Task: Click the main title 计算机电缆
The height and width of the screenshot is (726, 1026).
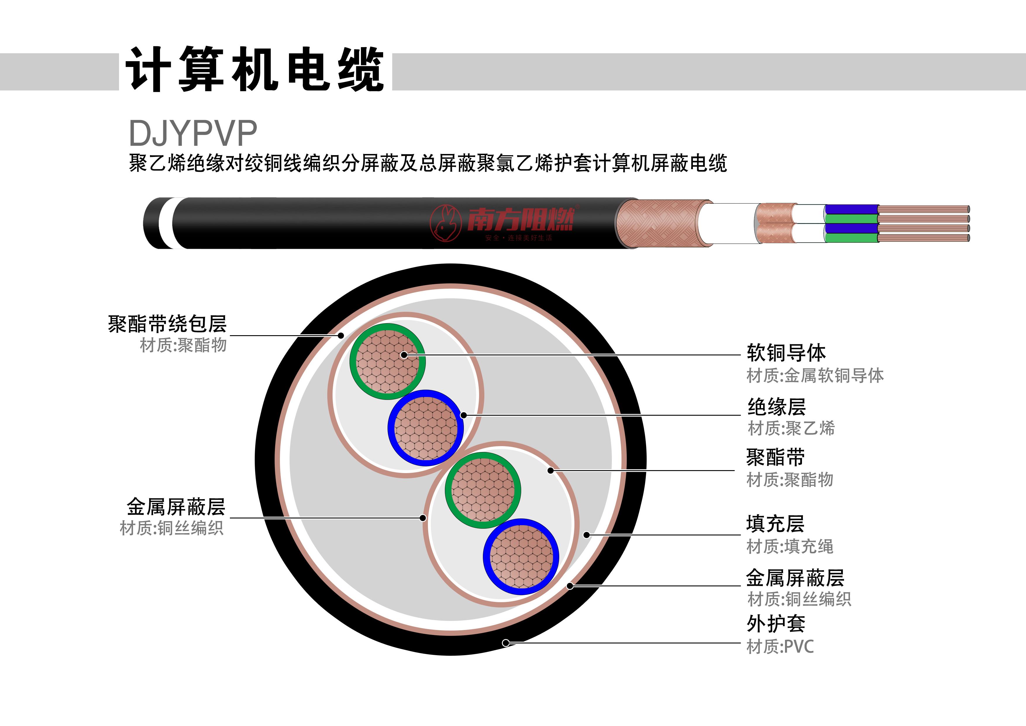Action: [255, 69]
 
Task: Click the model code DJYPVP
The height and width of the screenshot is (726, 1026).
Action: [193, 133]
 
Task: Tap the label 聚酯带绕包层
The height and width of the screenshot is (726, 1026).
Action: [168, 324]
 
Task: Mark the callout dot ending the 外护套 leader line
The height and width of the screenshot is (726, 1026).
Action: [506, 643]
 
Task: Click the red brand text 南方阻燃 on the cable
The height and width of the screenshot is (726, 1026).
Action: [521, 220]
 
